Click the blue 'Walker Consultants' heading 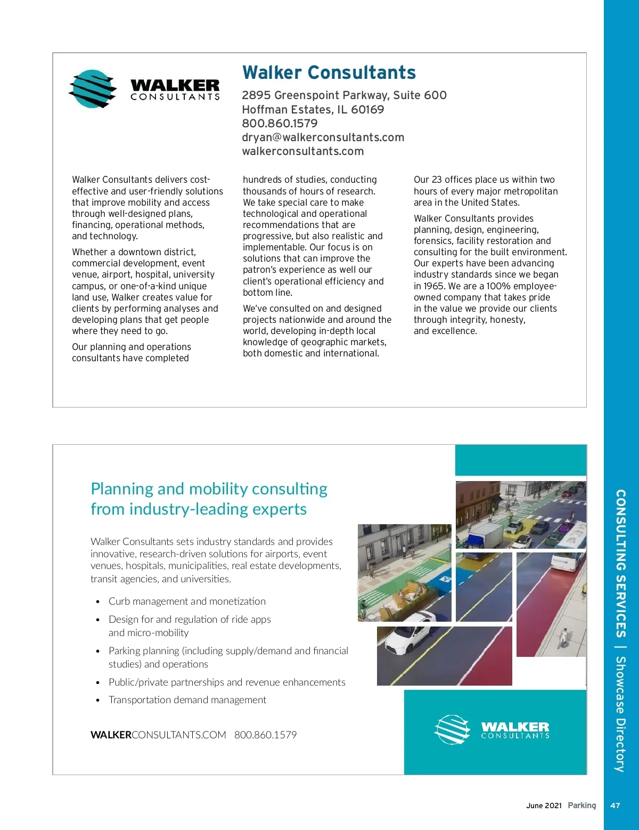click(x=329, y=72)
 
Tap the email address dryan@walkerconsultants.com click(x=323, y=137)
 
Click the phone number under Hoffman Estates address click(x=280, y=124)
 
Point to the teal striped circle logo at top click(x=93, y=89)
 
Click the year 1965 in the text click(x=434, y=286)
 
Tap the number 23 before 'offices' click(x=437, y=180)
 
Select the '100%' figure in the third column click(x=498, y=286)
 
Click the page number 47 click(x=615, y=805)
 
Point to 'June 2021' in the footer click(x=544, y=805)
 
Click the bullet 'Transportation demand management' click(x=187, y=700)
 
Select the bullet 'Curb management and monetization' click(x=187, y=601)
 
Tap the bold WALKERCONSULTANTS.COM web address click(x=158, y=735)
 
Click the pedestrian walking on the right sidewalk click(x=563, y=638)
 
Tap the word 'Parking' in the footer click(x=582, y=805)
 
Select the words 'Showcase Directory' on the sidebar click(x=620, y=714)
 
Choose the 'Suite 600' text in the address click(x=420, y=95)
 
